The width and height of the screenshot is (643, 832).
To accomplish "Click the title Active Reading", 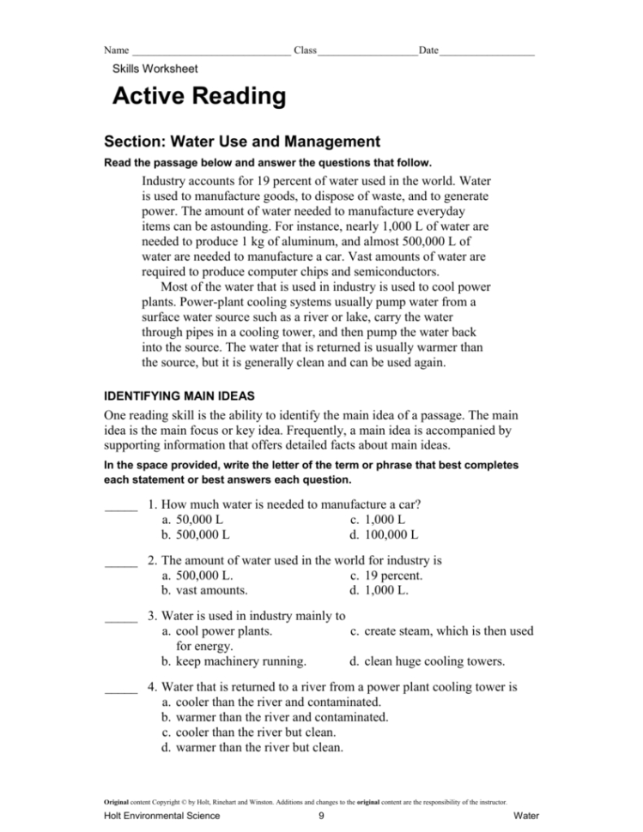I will (x=199, y=97).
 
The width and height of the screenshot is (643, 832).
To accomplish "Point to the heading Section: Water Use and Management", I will (x=241, y=142).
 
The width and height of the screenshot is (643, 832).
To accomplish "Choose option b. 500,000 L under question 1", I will (x=196, y=535).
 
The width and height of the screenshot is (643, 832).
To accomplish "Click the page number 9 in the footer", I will (x=320, y=816).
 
